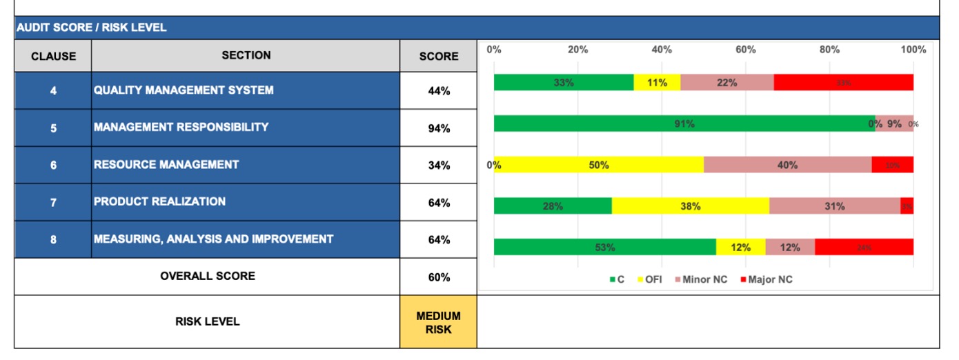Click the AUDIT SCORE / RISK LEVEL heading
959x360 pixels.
tap(92, 28)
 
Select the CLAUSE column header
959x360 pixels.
tap(53, 56)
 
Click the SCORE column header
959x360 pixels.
tap(438, 56)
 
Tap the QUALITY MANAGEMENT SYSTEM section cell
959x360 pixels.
tap(184, 90)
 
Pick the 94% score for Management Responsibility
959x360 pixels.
tap(438, 128)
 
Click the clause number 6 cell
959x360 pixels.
tap(53, 165)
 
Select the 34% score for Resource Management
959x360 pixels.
tap(438, 166)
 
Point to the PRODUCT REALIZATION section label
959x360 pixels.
tap(159, 202)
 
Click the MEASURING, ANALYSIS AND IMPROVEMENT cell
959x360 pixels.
tap(213, 239)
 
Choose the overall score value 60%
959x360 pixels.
tap(438, 277)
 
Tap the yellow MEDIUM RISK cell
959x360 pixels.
tap(438, 322)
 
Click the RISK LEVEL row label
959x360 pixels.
tap(207, 321)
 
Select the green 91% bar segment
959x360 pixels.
tap(684, 124)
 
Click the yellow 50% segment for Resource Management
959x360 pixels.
tap(598, 165)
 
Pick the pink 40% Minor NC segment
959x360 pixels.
tap(787, 165)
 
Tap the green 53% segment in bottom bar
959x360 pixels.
tap(604, 247)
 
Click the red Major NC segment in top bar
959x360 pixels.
tap(843, 83)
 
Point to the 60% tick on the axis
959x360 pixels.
tap(745, 50)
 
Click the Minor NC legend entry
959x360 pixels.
tap(702, 280)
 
